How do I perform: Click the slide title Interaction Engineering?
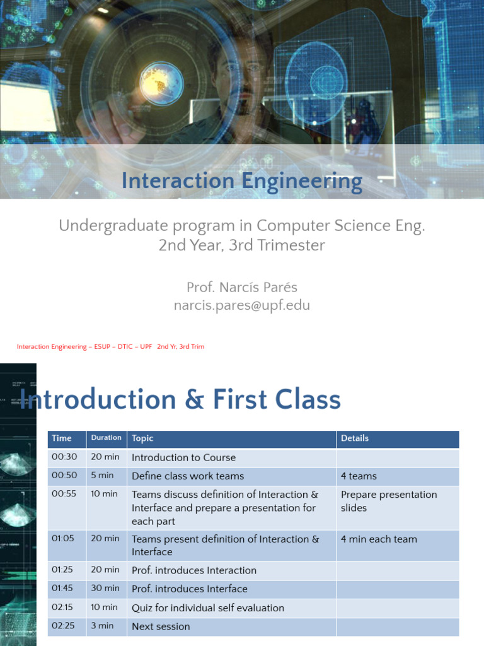(x=242, y=182)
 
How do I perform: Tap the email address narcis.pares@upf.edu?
(x=242, y=306)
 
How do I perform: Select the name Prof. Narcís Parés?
(x=242, y=288)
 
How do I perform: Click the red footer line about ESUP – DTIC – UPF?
(x=110, y=346)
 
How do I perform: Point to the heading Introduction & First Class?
(x=180, y=400)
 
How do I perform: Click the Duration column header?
(x=106, y=438)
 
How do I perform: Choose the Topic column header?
(x=142, y=438)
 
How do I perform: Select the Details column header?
(x=355, y=438)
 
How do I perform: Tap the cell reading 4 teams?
(x=359, y=476)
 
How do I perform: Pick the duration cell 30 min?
(x=105, y=588)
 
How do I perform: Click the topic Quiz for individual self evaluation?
(x=208, y=608)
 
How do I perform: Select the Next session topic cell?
(x=161, y=626)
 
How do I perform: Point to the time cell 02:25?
(x=62, y=626)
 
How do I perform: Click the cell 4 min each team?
(x=379, y=539)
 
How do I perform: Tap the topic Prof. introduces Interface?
(x=190, y=589)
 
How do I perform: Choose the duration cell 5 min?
(x=102, y=476)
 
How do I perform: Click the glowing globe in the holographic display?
(x=161, y=83)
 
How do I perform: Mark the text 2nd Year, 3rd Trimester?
(x=242, y=245)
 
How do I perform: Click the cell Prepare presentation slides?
(x=388, y=501)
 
